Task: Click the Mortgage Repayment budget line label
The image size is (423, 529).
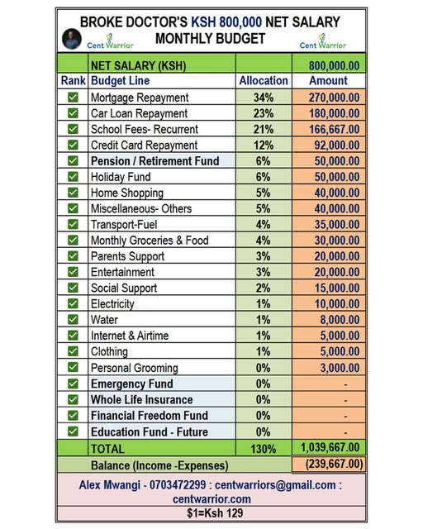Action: click(x=139, y=98)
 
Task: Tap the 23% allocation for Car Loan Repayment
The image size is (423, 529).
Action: click(x=264, y=113)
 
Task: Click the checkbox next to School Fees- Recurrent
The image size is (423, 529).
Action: click(x=73, y=129)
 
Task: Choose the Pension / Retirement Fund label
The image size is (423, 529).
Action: click(x=154, y=161)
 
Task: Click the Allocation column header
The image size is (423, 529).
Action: click(x=264, y=81)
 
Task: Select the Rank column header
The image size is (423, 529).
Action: click(x=73, y=81)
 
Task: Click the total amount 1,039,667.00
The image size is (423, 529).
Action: click(x=332, y=448)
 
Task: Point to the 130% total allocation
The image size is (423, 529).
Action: click(x=264, y=448)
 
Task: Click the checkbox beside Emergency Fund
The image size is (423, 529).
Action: click(x=73, y=384)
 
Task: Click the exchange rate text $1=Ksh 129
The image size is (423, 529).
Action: click(x=211, y=512)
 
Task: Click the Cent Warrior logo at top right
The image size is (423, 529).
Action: click(x=322, y=40)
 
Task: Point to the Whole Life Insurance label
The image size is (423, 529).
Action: click(x=141, y=400)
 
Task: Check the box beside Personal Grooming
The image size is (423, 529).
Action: click(x=73, y=368)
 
